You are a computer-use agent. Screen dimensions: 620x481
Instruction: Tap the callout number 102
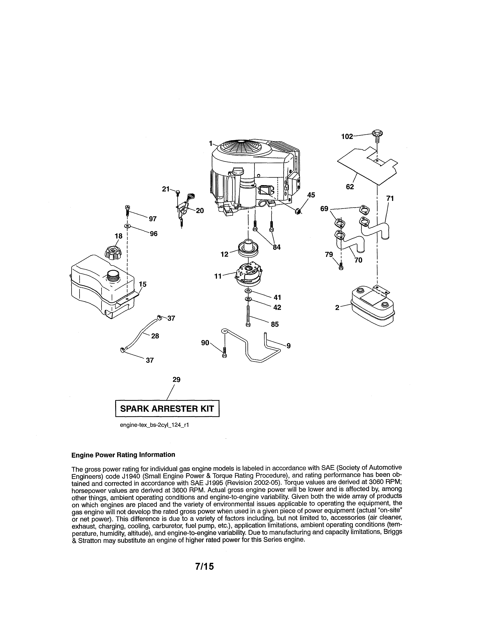[x=347, y=137]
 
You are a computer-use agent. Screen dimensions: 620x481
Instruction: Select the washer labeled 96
[x=127, y=226]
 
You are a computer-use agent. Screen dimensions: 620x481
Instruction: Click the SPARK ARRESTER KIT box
[x=167, y=409]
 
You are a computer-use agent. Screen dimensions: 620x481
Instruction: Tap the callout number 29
[x=176, y=380]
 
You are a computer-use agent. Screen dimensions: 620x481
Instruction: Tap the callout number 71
[x=390, y=199]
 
